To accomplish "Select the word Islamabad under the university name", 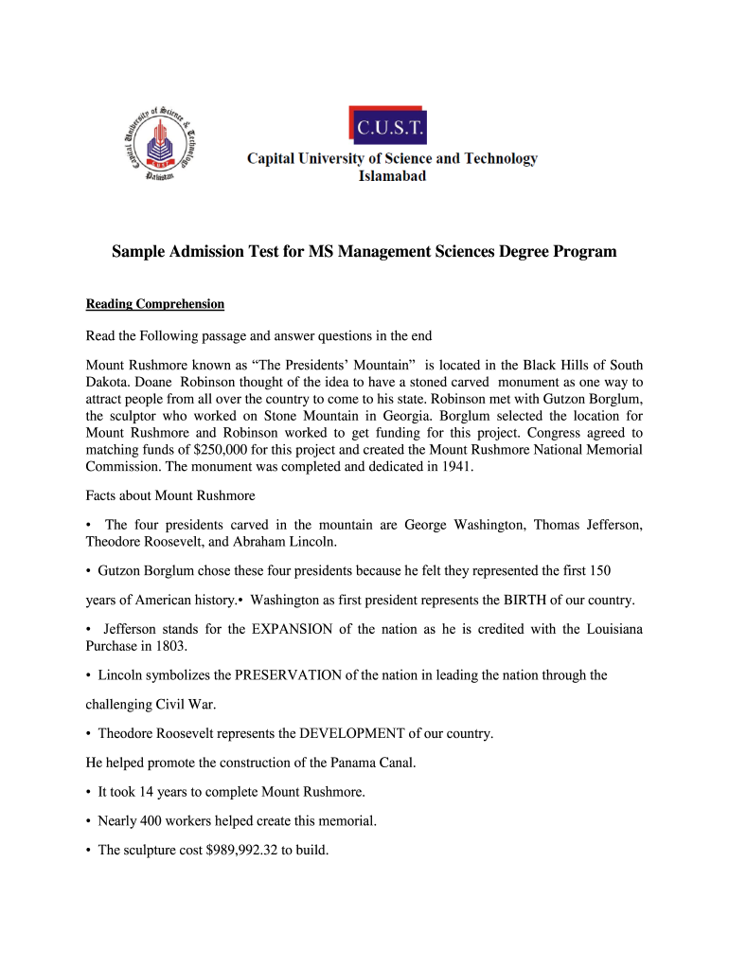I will pyautogui.click(x=391, y=175).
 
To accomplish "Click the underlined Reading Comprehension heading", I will pyautogui.click(x=155, y=304).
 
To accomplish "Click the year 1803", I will pyautogui.click(x=170, y=646).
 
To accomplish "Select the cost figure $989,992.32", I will pyautogui.click(x=235, y=850).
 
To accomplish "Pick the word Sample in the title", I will pyautogui.click(x=138, y=252).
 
